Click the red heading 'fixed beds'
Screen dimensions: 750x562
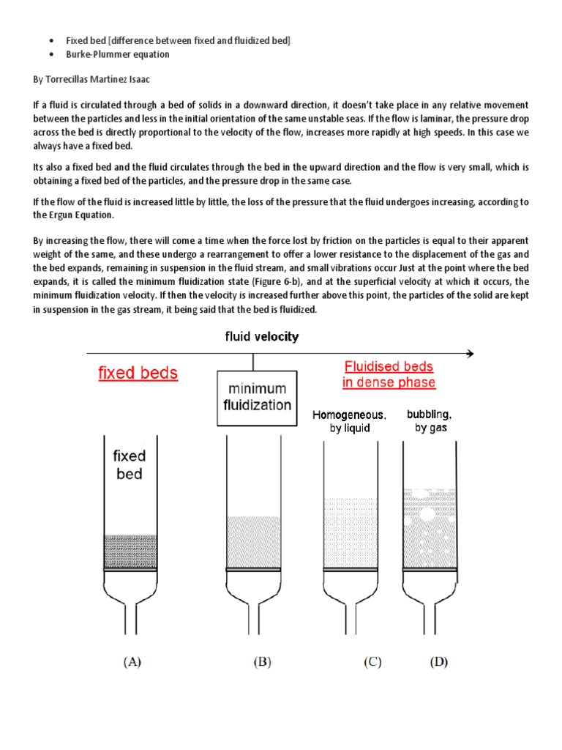click(138, 373)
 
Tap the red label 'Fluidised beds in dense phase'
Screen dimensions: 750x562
click(389, 374)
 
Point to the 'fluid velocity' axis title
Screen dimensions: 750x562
click(261, 337)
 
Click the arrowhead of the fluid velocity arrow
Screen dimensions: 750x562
click(469, 353)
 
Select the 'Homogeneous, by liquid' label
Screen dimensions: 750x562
click(350, 421)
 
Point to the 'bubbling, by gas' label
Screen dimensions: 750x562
click(430, 421)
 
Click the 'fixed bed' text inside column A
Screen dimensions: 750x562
click(130, 464)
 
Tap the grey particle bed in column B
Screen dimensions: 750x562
click(254, 542)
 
